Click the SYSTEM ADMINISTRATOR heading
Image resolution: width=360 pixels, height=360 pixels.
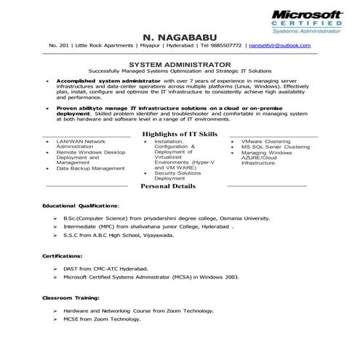coord(180,64)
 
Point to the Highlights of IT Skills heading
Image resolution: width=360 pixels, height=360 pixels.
coord(180,135)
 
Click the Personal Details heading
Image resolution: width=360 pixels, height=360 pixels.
coord(167,186)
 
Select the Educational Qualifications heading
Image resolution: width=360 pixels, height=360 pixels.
coord(81,206)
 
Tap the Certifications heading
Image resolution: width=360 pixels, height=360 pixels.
coord(62,257)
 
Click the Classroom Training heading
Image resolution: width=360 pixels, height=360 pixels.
coord(70,299)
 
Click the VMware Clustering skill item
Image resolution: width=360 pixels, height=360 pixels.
coord(266,140)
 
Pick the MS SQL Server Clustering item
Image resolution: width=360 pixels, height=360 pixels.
coord(275,147)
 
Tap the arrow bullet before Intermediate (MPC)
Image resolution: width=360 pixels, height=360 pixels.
coord(55,227)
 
